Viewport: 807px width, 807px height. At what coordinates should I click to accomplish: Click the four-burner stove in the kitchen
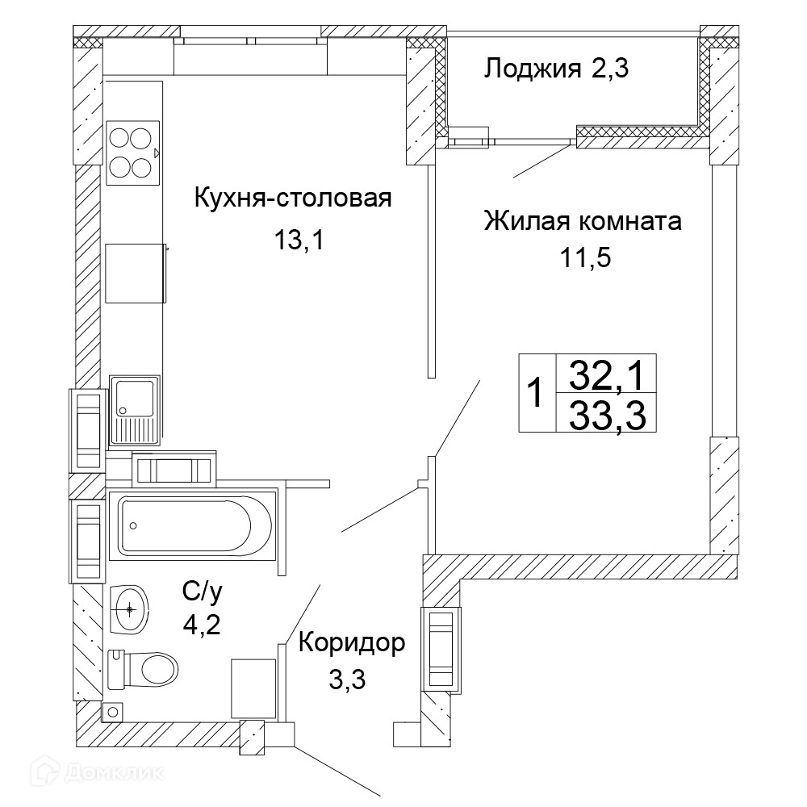pyautogui.click(x=133, y=153)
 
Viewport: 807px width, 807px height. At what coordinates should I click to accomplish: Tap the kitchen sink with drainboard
pyautogui.click(x=134, y=410)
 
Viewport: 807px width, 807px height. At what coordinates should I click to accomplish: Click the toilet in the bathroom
pyautogui.click(x=143, y=670)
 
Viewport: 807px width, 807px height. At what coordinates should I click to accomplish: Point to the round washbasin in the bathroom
pyautogui.click(x=130, y=610)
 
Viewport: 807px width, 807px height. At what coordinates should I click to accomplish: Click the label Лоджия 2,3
pyautogui.click(x=556, y=68)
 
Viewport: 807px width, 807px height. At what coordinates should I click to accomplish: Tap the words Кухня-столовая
pyautogui.click(x=293, y=198)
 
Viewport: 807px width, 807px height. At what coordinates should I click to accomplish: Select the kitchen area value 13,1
pyautogui.click(x=299, y=240)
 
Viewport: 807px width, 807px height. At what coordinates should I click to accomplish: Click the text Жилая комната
pyautogui.click(x=583, y=221)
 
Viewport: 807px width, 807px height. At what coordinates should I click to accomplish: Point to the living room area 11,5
pyautogui.click(x=585, y=257)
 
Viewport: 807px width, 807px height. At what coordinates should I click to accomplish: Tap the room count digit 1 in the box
pyautogui.click(x=536, y=393)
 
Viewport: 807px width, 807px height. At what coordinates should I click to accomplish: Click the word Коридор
pyautogui.click(x=352, y=642)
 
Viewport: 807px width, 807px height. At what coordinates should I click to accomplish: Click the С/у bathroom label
pyautogui.click(x=202, y=592)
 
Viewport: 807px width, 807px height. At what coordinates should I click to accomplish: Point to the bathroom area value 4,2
pyautogui.click(x=202, y=625)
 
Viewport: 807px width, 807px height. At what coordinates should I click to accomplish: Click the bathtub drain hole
pyautogui.click(x=133, y=525)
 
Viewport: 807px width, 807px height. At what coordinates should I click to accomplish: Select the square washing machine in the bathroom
pyautogui.click(x=253, y=688)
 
